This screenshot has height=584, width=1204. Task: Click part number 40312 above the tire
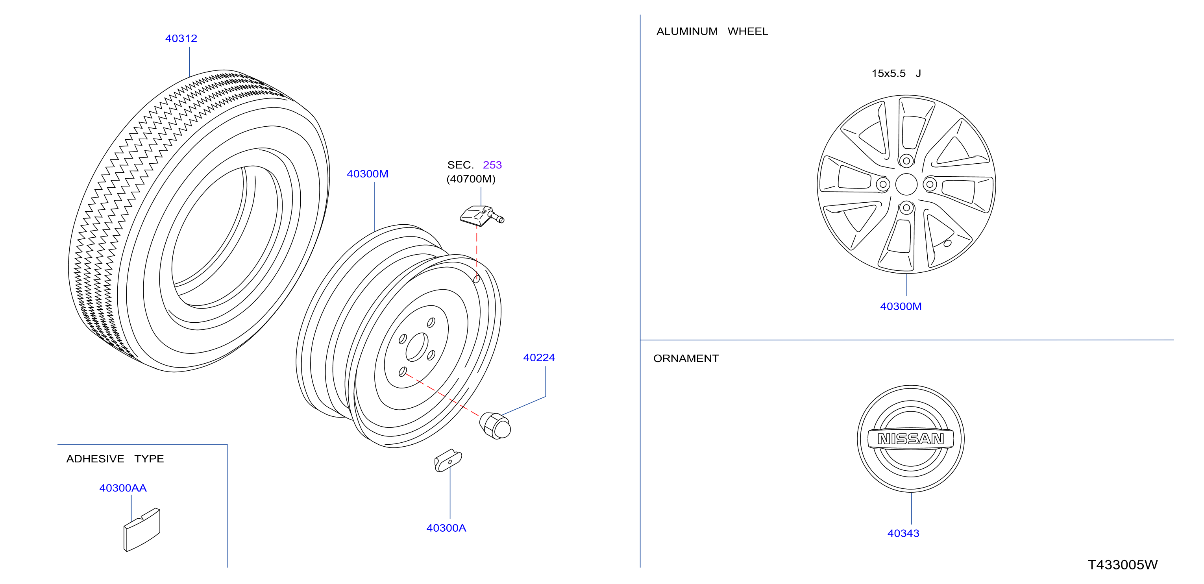pyautogui.click(x=181, y=38)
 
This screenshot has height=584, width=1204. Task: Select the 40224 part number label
pyautogui.click(x=539, y=357)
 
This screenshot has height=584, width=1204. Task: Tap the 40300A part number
pyautogui.click(x=446, y=528)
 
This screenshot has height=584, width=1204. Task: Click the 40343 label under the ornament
pyautogui.click(x=903, y=533)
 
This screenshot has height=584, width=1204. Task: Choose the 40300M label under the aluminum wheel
pyautogui.click(x=901, y=307)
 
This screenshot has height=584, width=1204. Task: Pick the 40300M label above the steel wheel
pyautogui.click(x=367, y=174)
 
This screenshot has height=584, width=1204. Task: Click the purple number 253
pyautogui.click(x=492, y=165)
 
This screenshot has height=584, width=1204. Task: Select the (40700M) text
pyautogui.click(x=471, y=179)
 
